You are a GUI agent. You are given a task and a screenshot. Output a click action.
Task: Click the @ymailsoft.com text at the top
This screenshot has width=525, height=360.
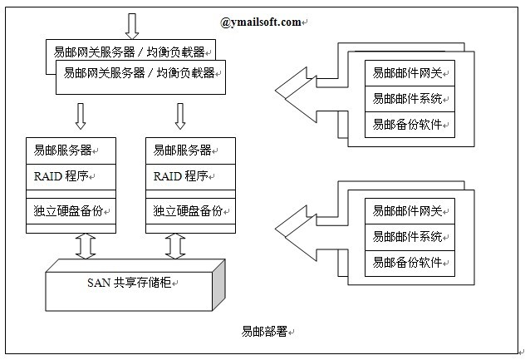click(262, 22)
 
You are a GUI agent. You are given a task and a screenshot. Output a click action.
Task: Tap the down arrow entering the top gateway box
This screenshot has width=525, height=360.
click(131, 26)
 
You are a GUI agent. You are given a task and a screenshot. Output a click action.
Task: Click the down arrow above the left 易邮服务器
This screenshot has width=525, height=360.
click(81, 116)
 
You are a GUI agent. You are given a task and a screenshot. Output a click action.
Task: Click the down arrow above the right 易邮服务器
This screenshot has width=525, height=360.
click(180, 116)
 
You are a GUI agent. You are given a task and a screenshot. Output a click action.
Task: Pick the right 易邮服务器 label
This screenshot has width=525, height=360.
click(183, 151)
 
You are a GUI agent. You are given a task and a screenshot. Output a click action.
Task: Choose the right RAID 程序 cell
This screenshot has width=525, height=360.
click(181, 176)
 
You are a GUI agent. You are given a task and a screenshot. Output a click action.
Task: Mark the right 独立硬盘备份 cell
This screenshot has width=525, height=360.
click(189, 210)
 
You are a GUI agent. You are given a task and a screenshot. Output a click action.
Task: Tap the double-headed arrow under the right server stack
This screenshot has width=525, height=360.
click(174, 245)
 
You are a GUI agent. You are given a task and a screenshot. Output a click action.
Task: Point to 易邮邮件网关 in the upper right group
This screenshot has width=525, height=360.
click(408, 73)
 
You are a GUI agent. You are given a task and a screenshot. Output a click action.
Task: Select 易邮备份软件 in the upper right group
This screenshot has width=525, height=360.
click(408, 125)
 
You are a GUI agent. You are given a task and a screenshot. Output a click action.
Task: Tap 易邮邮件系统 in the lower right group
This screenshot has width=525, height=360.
click(408, 237)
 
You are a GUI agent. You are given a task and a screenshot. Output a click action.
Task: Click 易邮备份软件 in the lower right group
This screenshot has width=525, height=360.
click(408, 263)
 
